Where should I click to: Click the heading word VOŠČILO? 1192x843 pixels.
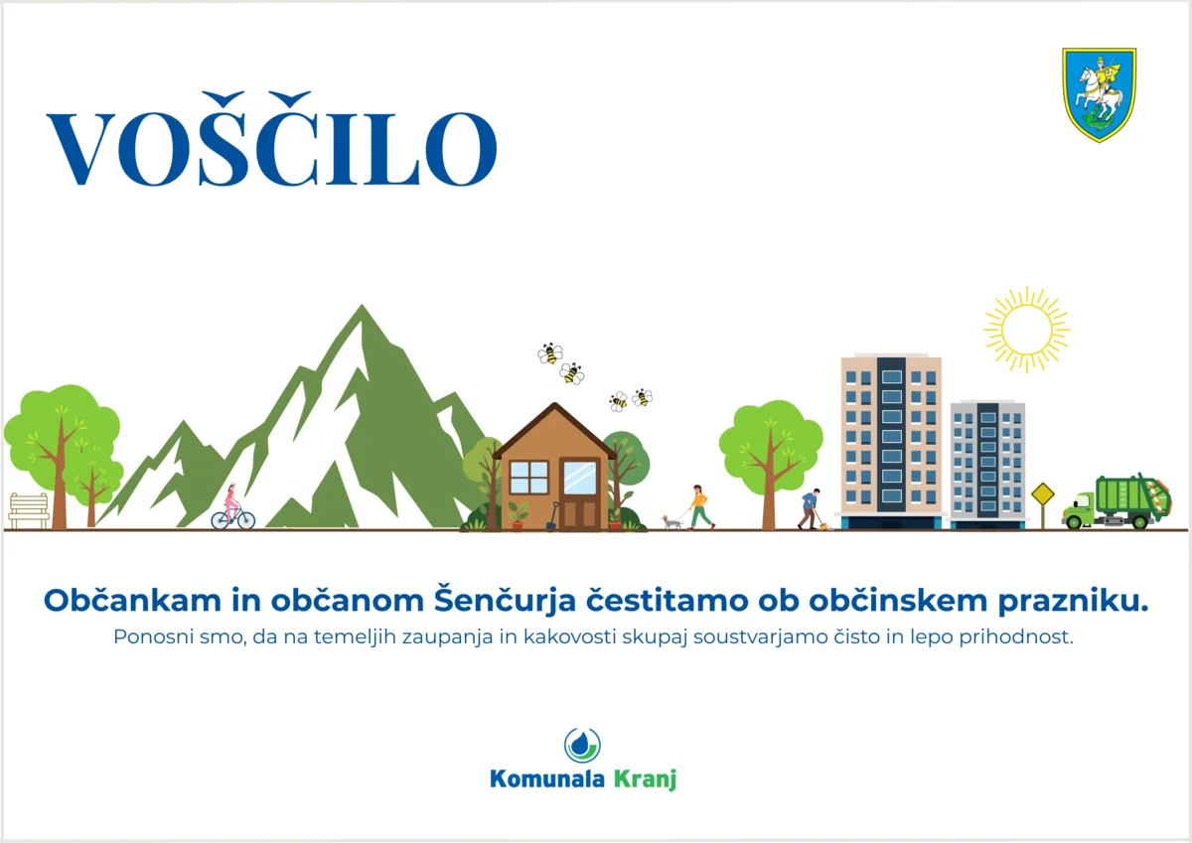[272, 139]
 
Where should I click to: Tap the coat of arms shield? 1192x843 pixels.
[1100, 94]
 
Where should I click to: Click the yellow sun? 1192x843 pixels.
[1026, 330]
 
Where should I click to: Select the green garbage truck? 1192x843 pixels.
[1117, 501]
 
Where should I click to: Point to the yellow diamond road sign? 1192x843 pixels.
[1043, 494]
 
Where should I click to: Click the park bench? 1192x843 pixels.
[29, 510]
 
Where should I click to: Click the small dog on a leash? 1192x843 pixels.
[671, 521]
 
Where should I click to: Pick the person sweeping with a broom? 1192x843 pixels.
[811, 509]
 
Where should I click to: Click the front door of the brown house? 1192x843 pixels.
[580, 512]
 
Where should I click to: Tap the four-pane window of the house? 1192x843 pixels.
[528, 477]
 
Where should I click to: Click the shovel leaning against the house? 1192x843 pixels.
[552, 516]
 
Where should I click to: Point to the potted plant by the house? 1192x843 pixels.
[518, 516]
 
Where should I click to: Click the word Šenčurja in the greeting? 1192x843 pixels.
[505, 601]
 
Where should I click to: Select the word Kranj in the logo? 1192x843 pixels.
[645, 779]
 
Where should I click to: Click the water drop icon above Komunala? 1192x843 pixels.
[583, 745]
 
